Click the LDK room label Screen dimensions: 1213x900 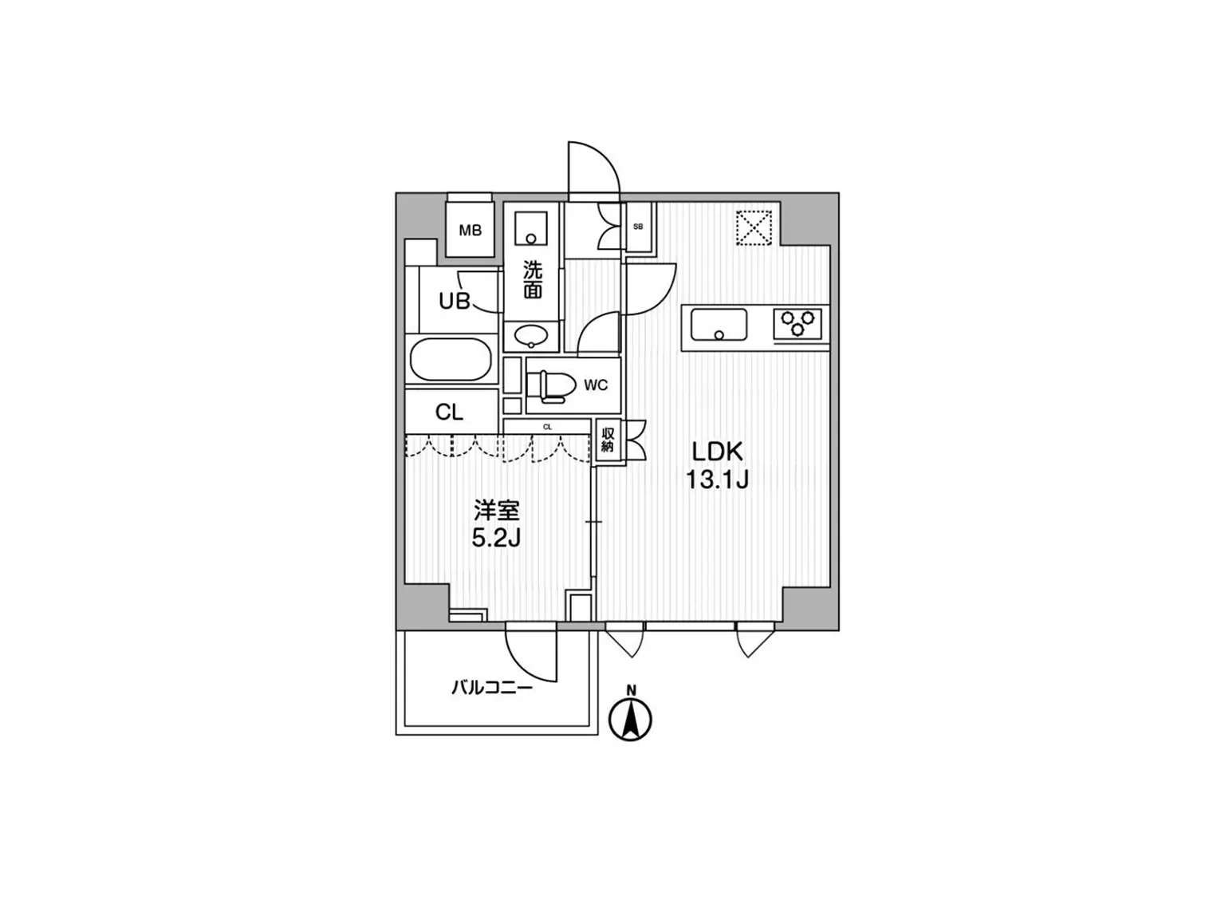point(717,452)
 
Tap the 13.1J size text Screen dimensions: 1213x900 point(717,480)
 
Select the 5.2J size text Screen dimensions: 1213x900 point(496,539)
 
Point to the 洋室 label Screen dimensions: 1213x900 point(497,511)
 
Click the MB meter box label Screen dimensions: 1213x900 point(471,231)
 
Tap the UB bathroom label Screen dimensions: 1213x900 point(455,300)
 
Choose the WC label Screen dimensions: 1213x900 point(596,385)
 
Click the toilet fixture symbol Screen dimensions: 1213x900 point(551,385)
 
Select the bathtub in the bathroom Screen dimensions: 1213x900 point(451,360)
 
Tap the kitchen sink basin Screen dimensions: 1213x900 point(719,325)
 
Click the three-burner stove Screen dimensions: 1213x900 point(798,323)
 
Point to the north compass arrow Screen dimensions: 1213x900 point(631,719)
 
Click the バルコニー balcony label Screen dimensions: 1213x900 point(491,688)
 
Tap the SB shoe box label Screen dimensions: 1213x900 point(638,227)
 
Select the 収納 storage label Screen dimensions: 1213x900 point(608,440)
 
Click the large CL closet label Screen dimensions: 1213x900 point(450,412)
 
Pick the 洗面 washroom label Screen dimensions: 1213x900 point(533,279)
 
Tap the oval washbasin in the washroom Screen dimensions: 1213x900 point(532,334)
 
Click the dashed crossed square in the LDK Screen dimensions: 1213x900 point(754,227)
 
